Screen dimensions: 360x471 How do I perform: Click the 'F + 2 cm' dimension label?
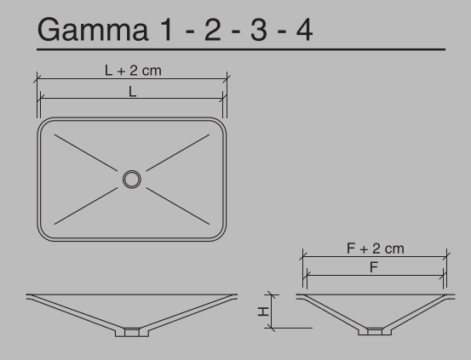point(375,248)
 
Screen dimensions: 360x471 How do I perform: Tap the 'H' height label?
point(264,311)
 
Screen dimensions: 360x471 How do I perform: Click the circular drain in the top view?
point(131,179)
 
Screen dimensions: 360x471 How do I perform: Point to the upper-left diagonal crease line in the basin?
point(85,152)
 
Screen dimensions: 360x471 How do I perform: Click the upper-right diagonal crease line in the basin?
point(178,153)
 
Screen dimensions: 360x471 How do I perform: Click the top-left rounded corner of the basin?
point(45,125)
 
